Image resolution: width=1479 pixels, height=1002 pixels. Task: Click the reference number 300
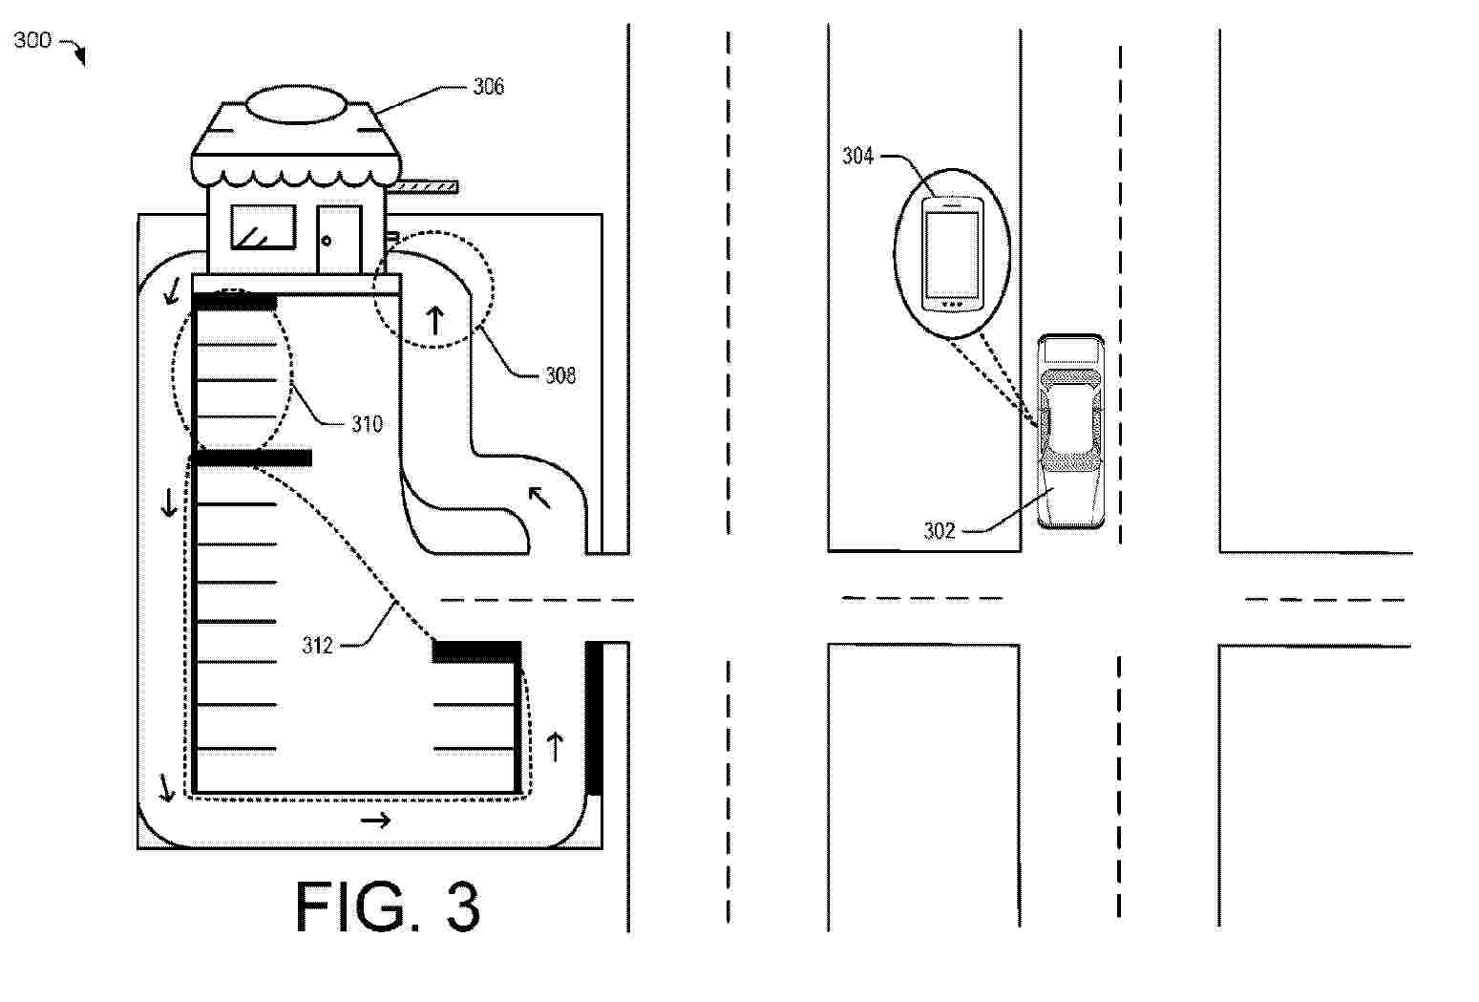tap(32, 40)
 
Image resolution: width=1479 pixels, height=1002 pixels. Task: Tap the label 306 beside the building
tap(489, 87)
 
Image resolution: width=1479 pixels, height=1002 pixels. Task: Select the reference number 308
tap(560, 375)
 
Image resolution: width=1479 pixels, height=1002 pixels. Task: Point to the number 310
tap(367, 424)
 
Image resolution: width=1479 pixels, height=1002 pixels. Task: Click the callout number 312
tap(318, 646)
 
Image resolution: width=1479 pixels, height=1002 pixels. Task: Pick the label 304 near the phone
tap(857, 156)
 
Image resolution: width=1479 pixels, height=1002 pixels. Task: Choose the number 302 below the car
tap(939, 531)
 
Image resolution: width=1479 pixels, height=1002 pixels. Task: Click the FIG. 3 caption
tap(389, 906)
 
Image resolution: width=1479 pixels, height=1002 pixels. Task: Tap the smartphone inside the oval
tap(952, 254)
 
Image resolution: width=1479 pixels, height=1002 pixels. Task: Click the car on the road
tap(1070, 432)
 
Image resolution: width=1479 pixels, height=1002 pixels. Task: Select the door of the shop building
tap(339, 239)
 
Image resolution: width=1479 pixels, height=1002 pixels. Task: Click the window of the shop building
tap(263, 226)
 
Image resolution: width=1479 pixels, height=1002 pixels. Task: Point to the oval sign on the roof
tap(296, 104)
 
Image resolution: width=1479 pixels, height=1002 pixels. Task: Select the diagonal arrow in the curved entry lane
tap(540, 498)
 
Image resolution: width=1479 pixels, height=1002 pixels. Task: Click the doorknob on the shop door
tap(327, 241)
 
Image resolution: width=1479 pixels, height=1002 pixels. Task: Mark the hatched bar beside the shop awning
tap(423, 187)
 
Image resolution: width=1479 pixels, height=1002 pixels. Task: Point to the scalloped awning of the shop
tap(296, 169)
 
